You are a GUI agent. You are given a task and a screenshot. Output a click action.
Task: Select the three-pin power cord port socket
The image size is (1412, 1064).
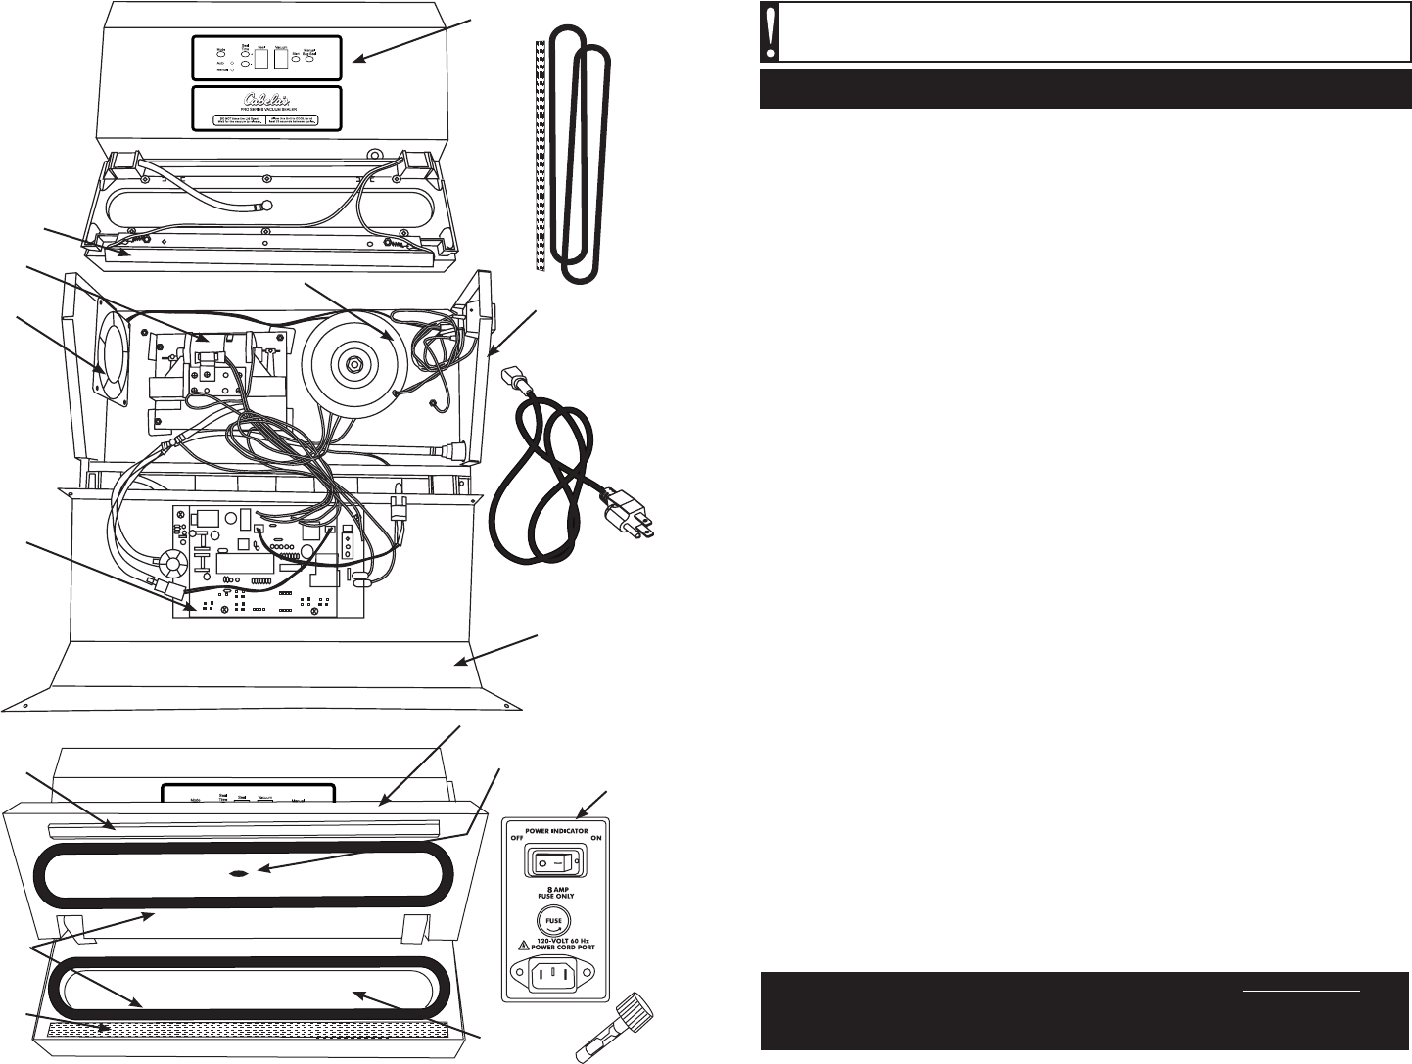[x=555, y=975]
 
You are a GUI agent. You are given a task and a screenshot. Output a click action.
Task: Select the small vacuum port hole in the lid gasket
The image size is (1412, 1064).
[x=237, y=873]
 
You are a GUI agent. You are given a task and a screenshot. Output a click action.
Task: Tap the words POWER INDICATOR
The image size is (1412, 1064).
[x=555, y=830]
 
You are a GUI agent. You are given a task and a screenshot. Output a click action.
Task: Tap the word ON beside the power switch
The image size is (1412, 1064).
[x=594, y=839]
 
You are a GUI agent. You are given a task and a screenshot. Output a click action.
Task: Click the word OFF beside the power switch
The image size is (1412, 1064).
[x=517, y=839]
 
